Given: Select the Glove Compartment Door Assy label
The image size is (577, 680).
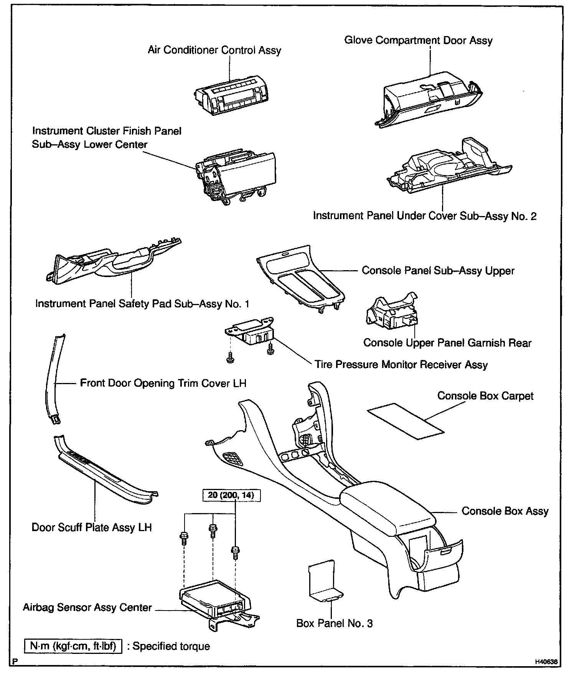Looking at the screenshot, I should (x=418, y=40).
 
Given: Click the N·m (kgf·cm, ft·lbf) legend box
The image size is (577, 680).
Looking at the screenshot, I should (x=73, y=646).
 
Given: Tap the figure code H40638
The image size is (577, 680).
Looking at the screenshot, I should (x=546, y=662).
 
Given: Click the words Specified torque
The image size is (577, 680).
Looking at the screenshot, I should (x=171, y=646).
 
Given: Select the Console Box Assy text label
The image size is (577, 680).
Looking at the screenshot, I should (x=505, y=511).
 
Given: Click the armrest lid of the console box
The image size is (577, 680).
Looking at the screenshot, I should (x=387, y=503).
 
